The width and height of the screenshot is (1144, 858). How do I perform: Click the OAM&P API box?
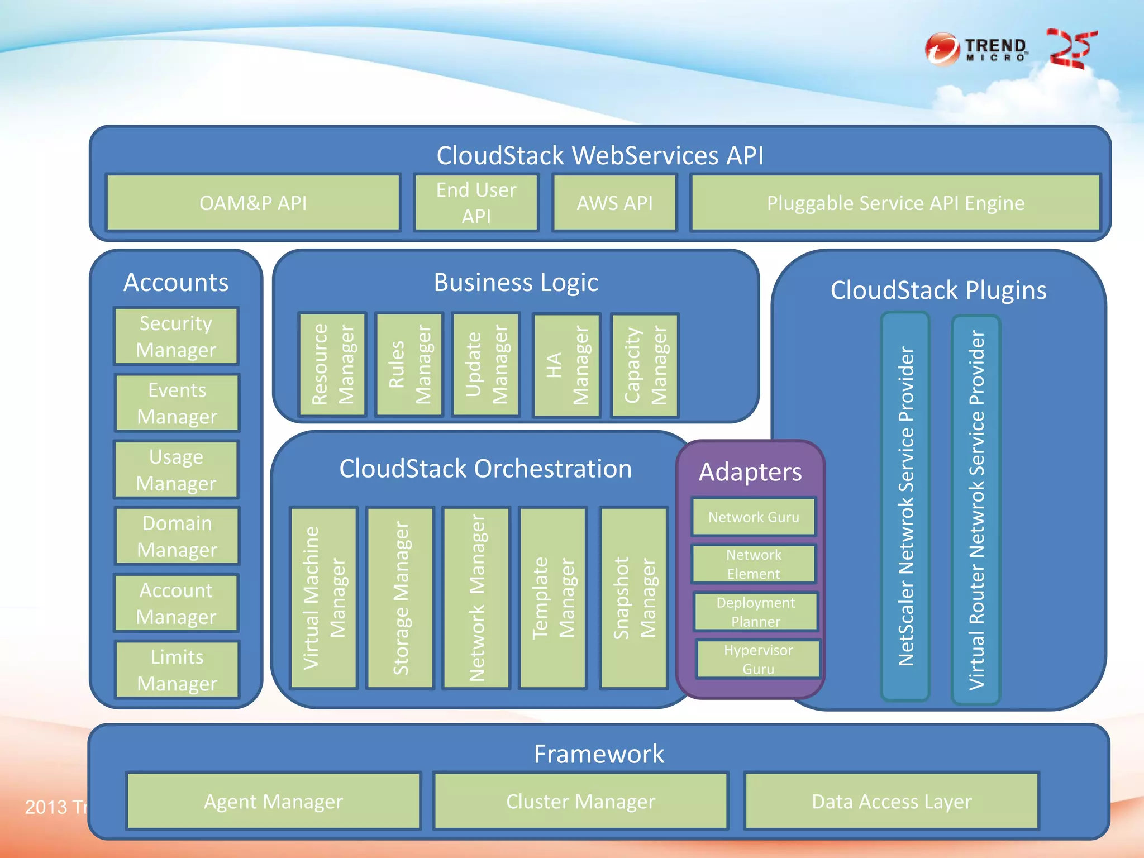pyautogui.click(x=253, y=203)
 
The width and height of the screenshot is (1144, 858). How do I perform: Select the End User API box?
pyautogui.click(x=476, y=203)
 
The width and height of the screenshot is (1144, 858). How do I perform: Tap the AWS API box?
pyautogui.click(x=614, y=203)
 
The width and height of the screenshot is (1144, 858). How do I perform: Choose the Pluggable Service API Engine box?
pyautogui.click(x=895, y=203)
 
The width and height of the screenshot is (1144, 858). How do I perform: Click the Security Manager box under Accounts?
pyautogui.click(x=176, y=336)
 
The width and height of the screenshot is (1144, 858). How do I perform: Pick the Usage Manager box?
pyautogui.click(x=176, y=470)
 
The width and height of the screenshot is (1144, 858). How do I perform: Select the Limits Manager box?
pyautogui.click(x=177, y=670)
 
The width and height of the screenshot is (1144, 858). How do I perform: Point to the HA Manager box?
pyautogui.click(x=567, y=365)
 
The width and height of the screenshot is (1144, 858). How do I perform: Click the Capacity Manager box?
pyautogui.click(x=645, y=365)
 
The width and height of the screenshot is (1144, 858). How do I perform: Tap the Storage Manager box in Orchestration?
pyautogui.click(x=401, y=598)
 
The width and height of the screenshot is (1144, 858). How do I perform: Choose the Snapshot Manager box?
pyautogui.click(x=634, y=598)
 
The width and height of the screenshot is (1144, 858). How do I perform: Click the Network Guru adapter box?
pyautogui.click(x=754, y=517)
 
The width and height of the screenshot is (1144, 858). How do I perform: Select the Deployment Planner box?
pyautogui.click(x=756, y=612)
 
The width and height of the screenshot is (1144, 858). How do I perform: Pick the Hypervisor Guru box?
pyautogui.click(x=758, y=659)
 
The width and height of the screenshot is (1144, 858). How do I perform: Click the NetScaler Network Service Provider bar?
pyautogui.click(x=905, y=506)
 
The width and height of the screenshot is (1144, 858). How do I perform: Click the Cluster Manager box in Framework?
pyautogui.click(x=580, y=801)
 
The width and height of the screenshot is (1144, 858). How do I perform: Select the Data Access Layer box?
pyautogui.click(x=892, y=801)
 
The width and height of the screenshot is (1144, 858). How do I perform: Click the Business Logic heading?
pyautogui.click(x=516, y=282)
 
